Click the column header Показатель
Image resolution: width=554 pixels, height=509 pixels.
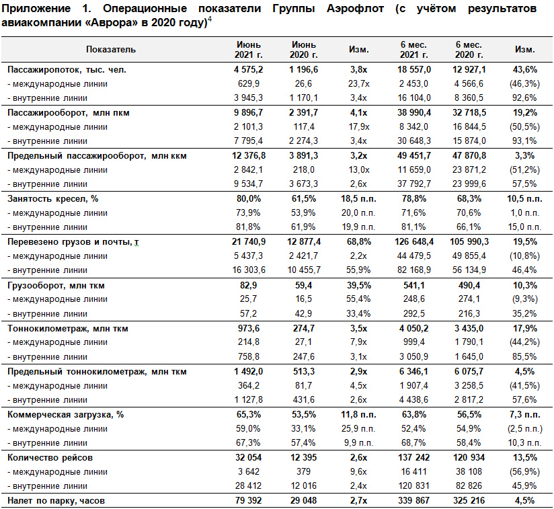coord(111,50)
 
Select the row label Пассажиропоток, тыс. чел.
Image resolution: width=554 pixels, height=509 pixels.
coord(67,69)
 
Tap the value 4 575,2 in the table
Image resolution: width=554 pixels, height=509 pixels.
coord(248,69)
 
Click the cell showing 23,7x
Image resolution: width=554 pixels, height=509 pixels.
coord(358,84)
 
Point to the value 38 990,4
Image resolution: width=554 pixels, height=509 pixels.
coord(413,113)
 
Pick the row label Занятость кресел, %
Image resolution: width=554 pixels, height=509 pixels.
coord(52,199)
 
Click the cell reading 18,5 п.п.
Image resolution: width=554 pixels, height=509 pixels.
coord(358,199)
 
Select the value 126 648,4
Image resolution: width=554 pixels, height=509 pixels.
coord(413,242)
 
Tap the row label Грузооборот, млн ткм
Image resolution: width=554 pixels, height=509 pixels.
coord(56,285)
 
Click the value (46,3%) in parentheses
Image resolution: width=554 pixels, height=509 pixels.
coord(524,84)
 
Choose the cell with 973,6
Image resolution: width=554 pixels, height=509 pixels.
coord(248,329)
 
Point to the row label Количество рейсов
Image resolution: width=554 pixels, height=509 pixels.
coord(50,458)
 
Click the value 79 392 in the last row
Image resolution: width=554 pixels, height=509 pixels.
coord(248,500)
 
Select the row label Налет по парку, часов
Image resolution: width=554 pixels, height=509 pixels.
coord(56,500)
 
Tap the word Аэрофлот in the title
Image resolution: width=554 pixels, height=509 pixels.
coord(355,9)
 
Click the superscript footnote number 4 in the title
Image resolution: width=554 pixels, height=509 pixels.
coord(210,19)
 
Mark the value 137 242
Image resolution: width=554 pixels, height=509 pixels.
coord(413,458)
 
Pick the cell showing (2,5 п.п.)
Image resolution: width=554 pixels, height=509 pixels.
coord(524,429)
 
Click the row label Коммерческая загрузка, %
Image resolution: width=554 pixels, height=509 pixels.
coord(66,415)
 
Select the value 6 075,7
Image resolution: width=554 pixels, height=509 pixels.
coord(469,372)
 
